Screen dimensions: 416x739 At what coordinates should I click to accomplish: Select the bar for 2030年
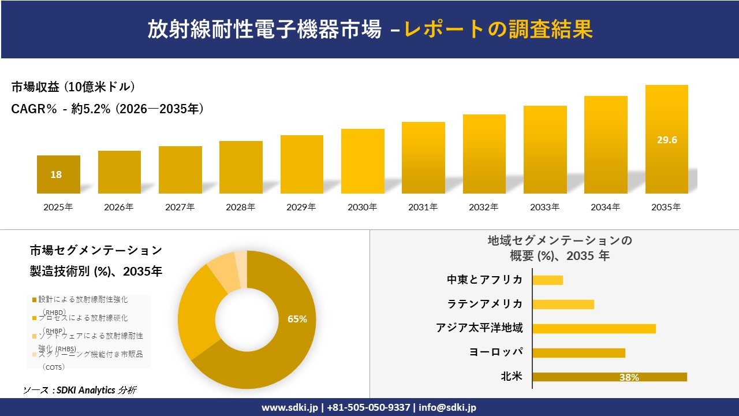coord(363,161)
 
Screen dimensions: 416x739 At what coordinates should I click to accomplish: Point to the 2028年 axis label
coord(241,207)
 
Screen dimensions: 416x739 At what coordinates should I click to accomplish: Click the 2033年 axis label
coord(545,207)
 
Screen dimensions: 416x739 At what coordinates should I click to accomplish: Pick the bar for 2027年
coord(180,170)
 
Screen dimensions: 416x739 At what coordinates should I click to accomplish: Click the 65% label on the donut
coord(297,319)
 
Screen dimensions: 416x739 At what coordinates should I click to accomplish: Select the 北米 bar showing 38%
coord(609,377)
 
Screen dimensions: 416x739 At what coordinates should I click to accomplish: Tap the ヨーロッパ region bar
coord(578,352)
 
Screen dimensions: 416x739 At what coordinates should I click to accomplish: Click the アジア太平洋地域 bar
coord(594,328)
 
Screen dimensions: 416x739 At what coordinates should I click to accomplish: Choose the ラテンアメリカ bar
coord(563,304)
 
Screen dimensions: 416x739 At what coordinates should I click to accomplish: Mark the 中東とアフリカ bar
coord(547,280)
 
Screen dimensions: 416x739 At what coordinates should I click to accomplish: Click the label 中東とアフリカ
coord(484,280)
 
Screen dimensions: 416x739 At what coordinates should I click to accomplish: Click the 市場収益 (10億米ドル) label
coord(73,87)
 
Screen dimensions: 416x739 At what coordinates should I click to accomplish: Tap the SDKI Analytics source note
coord(80,390)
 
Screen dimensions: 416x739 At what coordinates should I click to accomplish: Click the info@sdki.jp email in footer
coord(447,407)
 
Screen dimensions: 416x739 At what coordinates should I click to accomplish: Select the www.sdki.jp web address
coord(289,407)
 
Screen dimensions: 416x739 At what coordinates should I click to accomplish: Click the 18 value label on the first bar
coord(56,174)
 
